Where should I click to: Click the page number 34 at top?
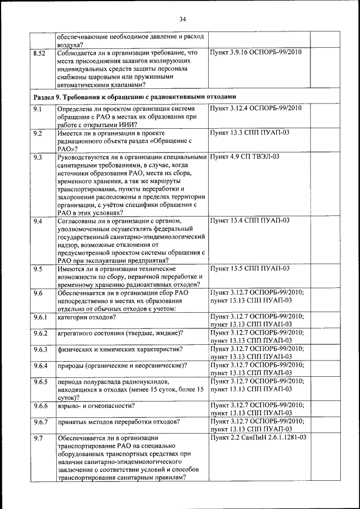pyautogui.click(x=182, y=19)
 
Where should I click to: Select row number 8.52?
pyautogui.click(x=39, y=53)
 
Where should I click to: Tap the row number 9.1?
pyautogui.click(x=38, y=108)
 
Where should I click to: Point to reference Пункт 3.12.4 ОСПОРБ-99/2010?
pyautogui.click(x=256, y=108)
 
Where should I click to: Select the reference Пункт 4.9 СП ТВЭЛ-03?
pyautogui.click(x=244, y=157)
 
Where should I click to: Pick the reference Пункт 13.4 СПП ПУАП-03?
pyautogui.click(x=249, y=220)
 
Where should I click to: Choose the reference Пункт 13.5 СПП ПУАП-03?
pyautogui.click(x=249, y=269)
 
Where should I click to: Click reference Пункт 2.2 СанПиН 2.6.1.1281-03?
pyautogui.click(x=258, y=437)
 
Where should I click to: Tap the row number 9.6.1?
pyautogui.click(x=40, y=318)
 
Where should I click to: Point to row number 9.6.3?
pyautogui.click(x=40, y=350)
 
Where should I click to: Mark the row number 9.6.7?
pyautogui.click(x=40, y=421)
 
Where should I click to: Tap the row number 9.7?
pyautogui.click(x=38, y=437)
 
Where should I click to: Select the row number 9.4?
pyautogui.click(x=38, y=220)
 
